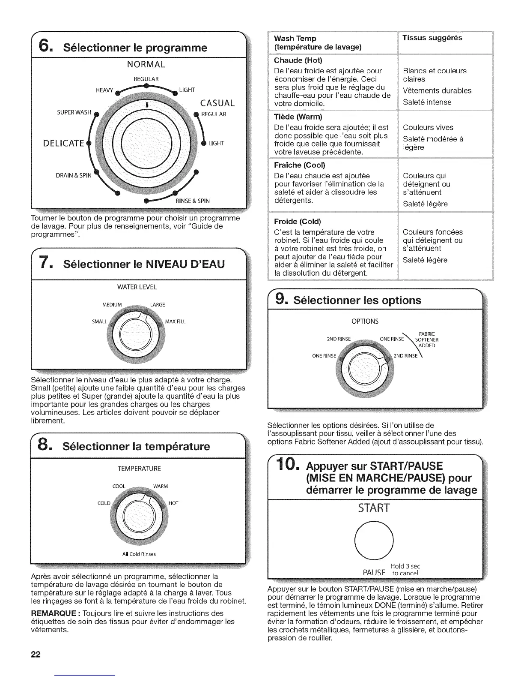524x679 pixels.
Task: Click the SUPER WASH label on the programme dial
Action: click(x=74, y=113)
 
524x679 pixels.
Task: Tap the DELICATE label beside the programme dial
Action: click(x=63, y=143)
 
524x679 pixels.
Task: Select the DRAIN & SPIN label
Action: click(x=74, y=175)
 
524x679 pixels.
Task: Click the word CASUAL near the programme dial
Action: click(x=217, y=103)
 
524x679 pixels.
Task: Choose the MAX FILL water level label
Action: click(x=176, y=321)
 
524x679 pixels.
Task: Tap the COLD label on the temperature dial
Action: click(x=104, y=503)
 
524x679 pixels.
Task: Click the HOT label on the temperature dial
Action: click(x=173, y=503)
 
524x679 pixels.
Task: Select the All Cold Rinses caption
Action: click(x=139, y=554)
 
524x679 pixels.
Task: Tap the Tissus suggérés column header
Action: click(x=432, y=38)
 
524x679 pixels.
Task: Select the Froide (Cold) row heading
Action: click(x=298, y=222)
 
